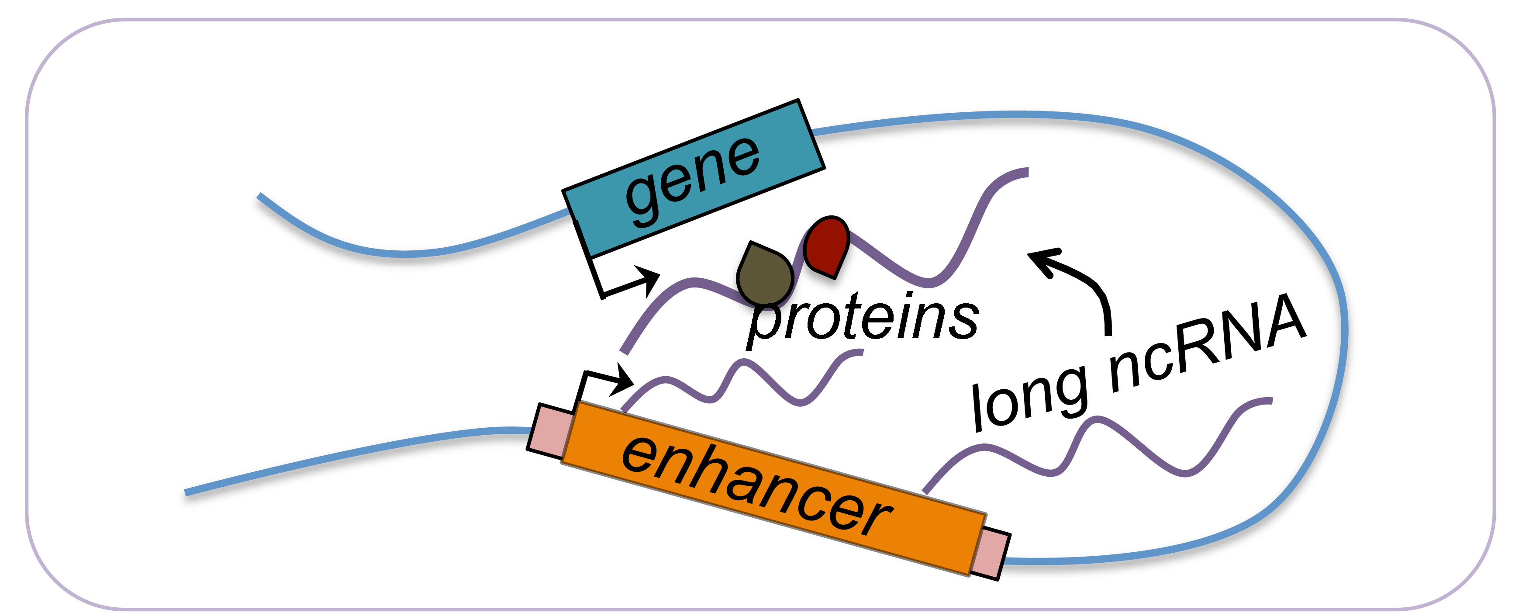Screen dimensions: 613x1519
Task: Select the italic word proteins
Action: click(863, 319)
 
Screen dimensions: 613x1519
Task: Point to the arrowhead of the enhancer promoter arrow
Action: click(625, 380)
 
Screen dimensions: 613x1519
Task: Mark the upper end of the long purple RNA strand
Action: click(1026, 172)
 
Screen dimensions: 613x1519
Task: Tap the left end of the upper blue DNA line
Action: click(259, 196)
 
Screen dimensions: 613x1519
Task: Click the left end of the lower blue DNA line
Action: click(186, 493)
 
